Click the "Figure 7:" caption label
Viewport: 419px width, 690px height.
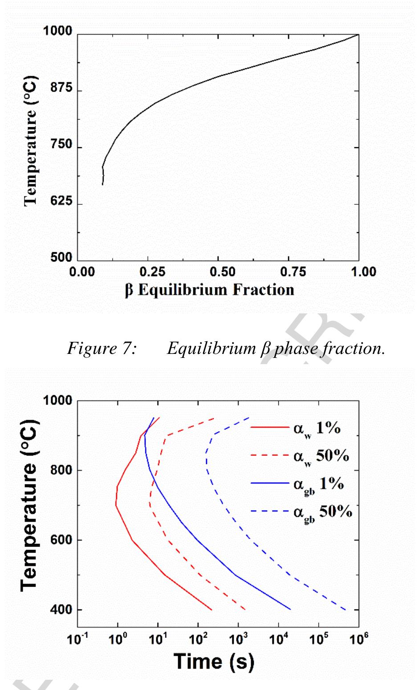pos(102,348)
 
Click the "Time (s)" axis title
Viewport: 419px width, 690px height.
pos(214,662)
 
